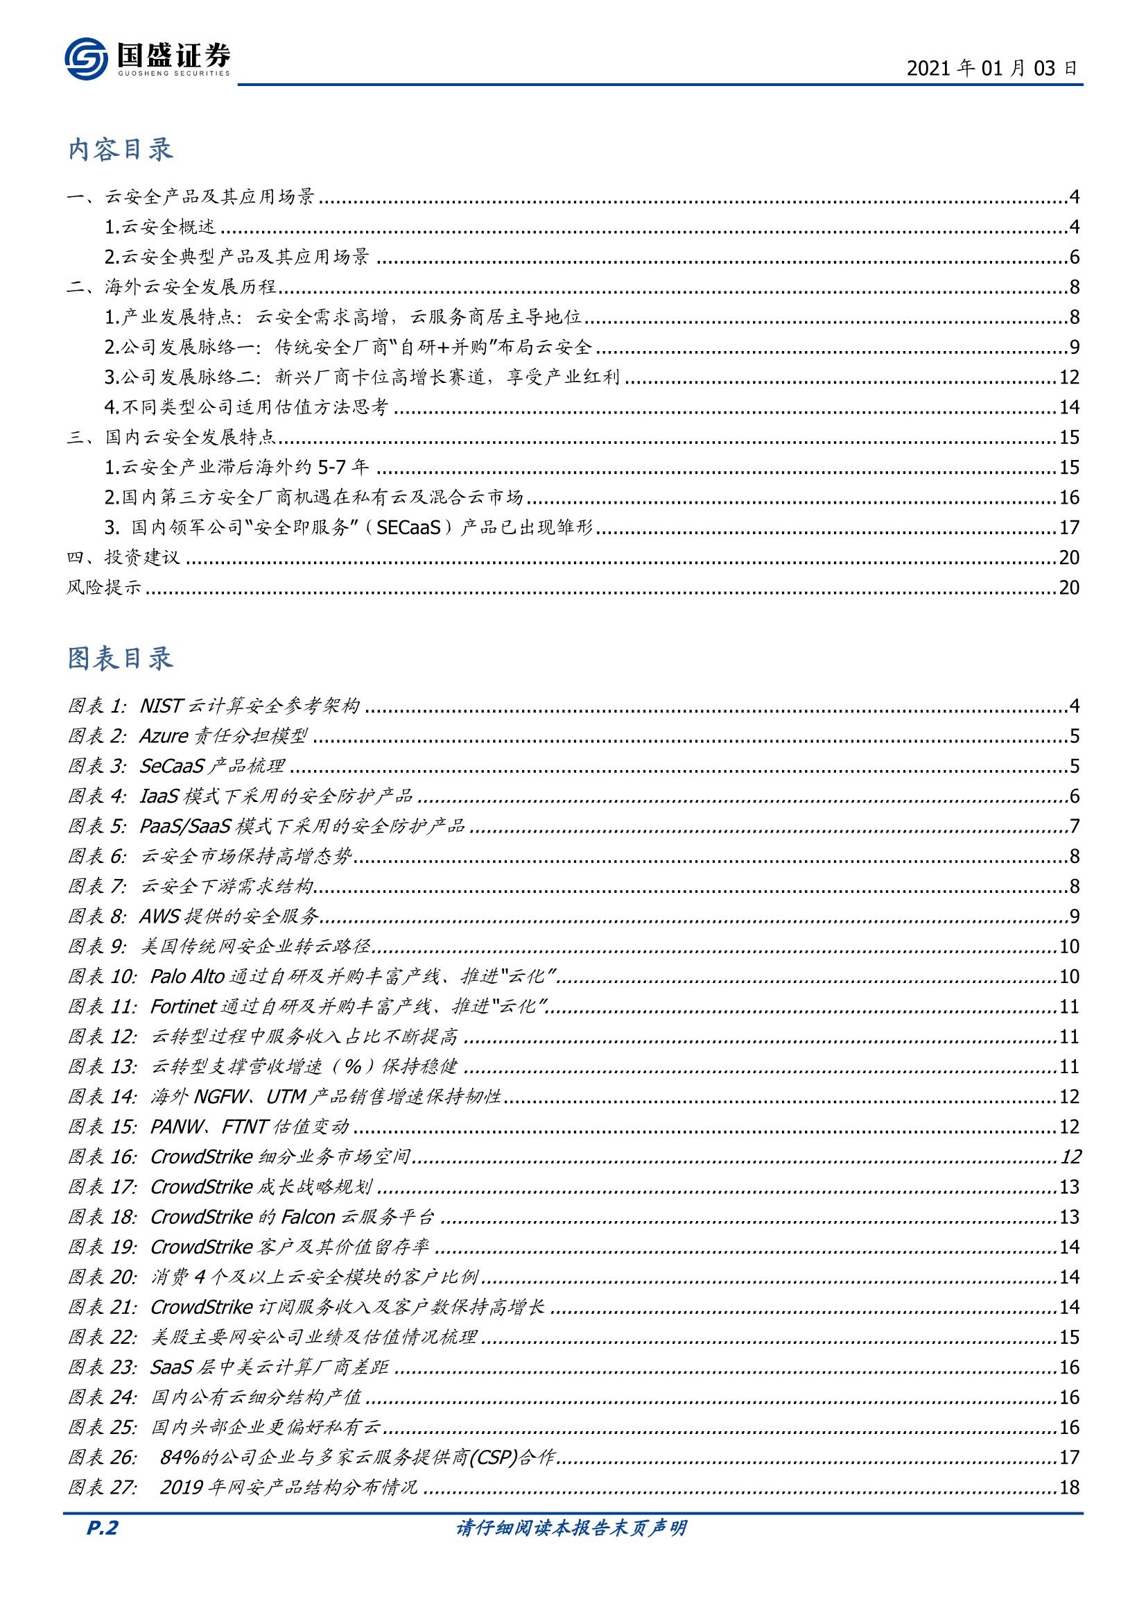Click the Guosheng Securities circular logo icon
[x=86, y=59]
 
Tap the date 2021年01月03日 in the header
[x=991, y=69]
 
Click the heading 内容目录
[x=121, y=151]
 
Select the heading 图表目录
[x=121, y=658]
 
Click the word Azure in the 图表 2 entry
[x=162, y=736]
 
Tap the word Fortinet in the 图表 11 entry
[x=183, y=1007]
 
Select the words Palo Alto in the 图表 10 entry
[x=187, y=976]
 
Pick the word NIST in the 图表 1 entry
[x=161, y=706]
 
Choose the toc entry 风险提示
[x=104, y=588]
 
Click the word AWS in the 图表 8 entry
[x=159, y=916]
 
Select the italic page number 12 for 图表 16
[x=1070, y=1156]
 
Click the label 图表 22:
[x=102, y=1337]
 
